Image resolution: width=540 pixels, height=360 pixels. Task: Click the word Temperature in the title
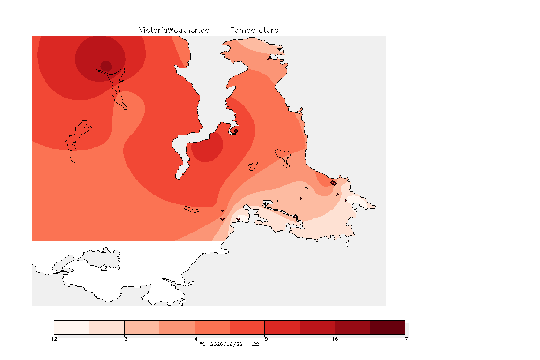[x=254, y=30]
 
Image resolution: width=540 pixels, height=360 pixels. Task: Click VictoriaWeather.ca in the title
[x=174, y=30]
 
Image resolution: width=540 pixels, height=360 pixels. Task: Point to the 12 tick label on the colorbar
[x=54, y=339]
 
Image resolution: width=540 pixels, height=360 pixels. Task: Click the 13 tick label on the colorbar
[x=124, y=339]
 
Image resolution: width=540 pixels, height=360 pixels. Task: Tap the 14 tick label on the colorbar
[x=195, y=339]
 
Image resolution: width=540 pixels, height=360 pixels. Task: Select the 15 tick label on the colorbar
[x=264, y=339]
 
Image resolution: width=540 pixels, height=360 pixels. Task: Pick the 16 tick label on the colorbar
[x=335, y=339]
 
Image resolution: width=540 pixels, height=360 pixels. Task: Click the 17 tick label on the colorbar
[x=405, y=339]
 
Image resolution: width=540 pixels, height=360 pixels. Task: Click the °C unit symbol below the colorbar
[x=202, y=344]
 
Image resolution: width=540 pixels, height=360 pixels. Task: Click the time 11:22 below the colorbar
[x=252, y=344]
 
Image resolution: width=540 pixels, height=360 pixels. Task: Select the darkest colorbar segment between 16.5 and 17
[x=388, y=327]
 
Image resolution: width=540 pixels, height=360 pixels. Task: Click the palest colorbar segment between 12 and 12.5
[x=72, y=327]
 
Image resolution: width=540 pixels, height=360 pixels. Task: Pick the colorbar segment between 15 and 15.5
[x=282, y=327]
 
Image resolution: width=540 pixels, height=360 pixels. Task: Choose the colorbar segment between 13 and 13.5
[x=142, y=327]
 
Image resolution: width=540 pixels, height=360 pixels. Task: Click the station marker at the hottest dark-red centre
[x=108, y=68]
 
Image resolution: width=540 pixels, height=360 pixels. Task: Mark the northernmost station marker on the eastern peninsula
[x=270, y=59]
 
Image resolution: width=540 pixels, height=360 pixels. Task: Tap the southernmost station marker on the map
[x=341, y=231]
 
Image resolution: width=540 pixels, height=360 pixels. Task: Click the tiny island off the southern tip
[x=347, y=243]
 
